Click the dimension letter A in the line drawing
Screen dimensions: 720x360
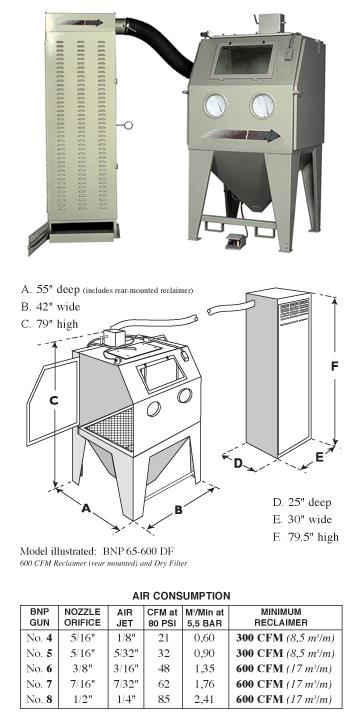[85, 507]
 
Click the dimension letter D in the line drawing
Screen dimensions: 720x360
[239, 463]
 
